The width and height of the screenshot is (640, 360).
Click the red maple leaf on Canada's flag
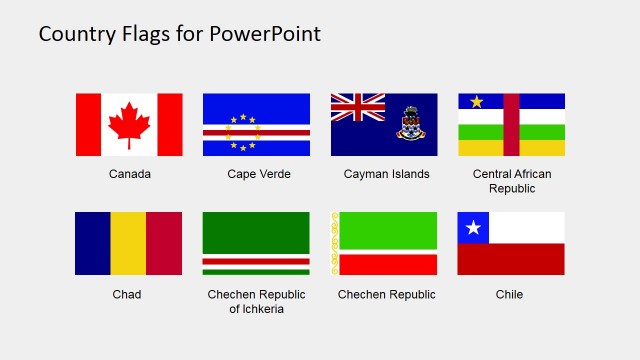(x=128, y=123)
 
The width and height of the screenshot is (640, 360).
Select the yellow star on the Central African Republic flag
(x=477, y=101)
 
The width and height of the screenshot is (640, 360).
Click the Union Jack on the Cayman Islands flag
(x=358, y=108)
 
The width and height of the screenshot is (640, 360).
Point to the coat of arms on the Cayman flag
(x=410, y=124)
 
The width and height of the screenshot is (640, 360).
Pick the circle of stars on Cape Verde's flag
(x=243, y=132)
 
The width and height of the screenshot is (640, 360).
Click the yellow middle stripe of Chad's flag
(x=128, y=243)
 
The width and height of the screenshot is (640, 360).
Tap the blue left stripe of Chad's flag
(x=92, y=243)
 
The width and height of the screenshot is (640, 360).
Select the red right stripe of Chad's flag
(x=165, y=243)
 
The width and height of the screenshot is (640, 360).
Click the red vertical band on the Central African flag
(x=511, y=124)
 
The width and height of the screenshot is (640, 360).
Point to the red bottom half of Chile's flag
(x=511, y=259)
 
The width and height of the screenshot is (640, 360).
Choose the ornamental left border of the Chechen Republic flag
(x=335, y=243)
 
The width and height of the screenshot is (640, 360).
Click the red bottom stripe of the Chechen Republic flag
(x=389, y=264)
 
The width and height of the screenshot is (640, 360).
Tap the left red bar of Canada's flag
(x=88, y=124)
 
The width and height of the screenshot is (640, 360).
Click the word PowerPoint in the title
(x=265, y=34)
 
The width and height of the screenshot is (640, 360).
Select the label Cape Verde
(x=259, y=174)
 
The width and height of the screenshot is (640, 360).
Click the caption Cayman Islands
(x=386, y=174)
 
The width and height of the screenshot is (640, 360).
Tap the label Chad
(x=127, y=294)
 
